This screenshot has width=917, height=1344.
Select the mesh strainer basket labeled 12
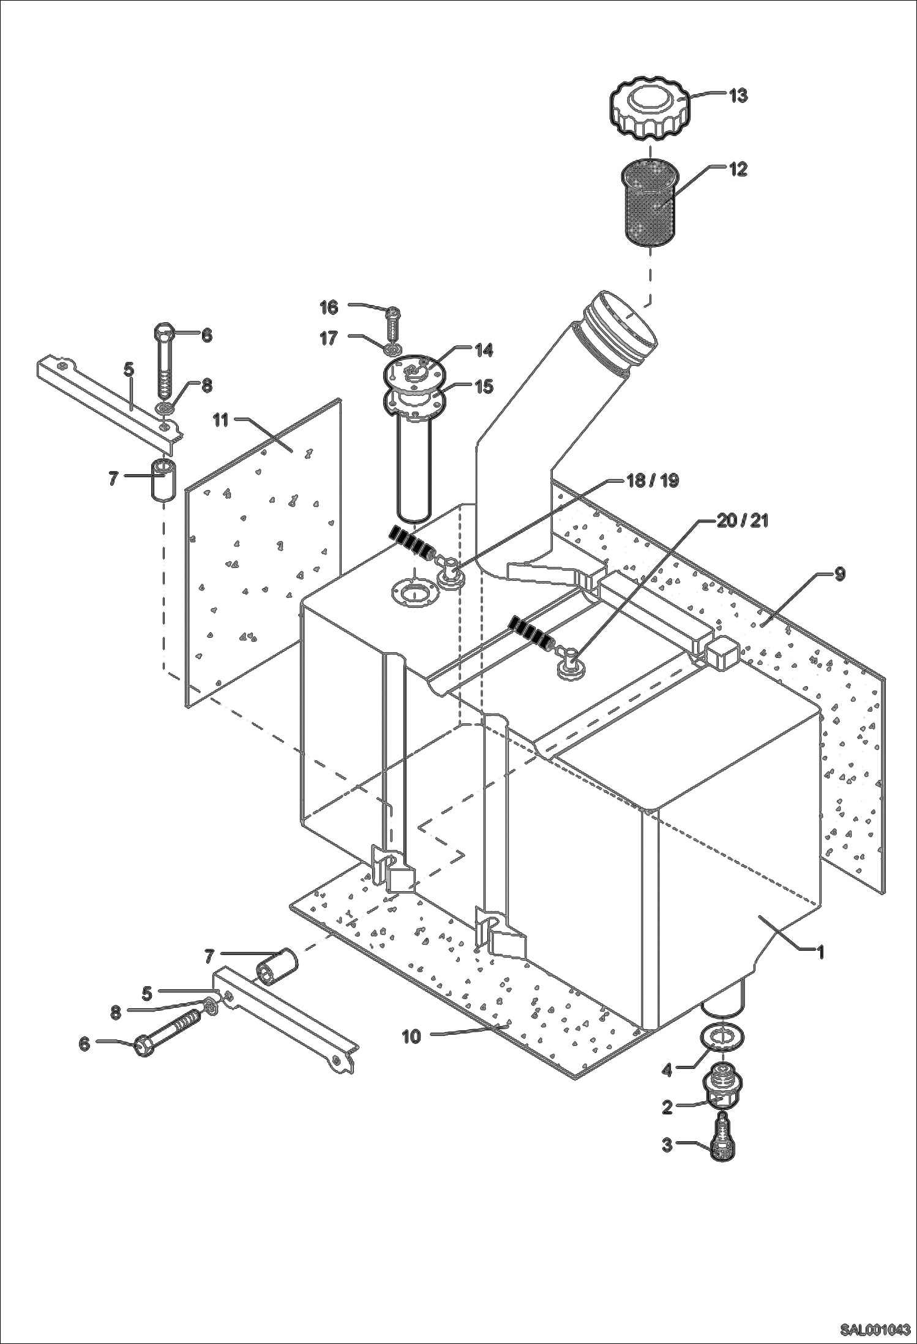click(x=649, y=202)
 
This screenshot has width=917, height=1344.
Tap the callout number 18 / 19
click(x=653, y=480)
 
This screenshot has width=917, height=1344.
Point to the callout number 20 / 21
click(x=742, y=521)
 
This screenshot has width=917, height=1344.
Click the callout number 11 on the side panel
click(x=220, y=420)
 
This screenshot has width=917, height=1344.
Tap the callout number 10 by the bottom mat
click(x=411, y=1036)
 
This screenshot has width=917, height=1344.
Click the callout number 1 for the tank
click(x=821, y=951)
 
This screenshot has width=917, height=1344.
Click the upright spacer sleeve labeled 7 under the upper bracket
click(x=162, y=481)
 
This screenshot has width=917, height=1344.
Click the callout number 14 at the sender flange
click(x=484, y=350)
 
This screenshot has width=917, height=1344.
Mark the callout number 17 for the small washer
click(x=329, y=338)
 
